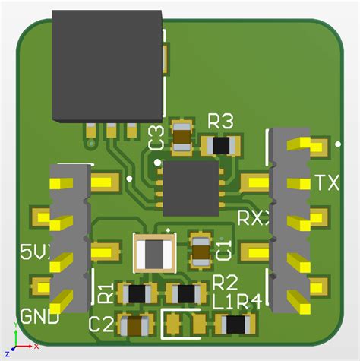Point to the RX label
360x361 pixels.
point(254,218)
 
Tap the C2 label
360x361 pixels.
point(102,325)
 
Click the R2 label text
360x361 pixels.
point(226,283)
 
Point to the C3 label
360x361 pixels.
point(156,138)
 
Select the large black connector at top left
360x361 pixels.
point(107,67)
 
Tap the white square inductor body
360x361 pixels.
point(154,253)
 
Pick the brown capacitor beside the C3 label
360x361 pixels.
point(183,136)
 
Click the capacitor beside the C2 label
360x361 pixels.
point(135,326)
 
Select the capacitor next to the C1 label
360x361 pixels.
point(201,251)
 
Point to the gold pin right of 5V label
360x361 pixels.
point(105,250)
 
